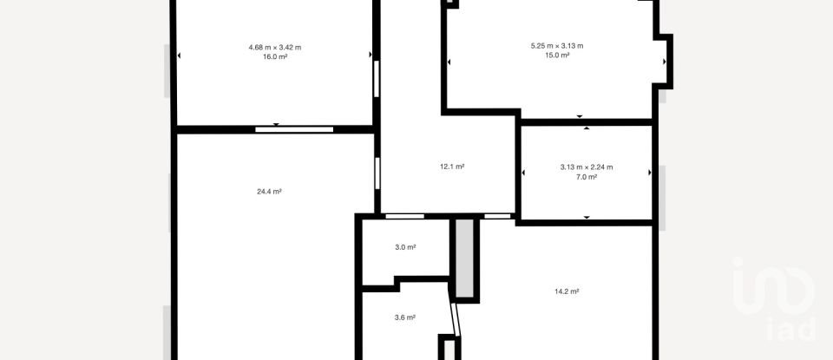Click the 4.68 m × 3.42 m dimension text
pyautogui.click(x=274, y=47)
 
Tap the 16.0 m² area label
pyautogui.click(x=274, y=56)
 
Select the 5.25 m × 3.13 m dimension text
pyautogui.click(x=556, y=45)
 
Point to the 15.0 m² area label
pyautogui.click(x=556, y=55)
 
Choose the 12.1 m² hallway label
pyautogui.click(x=452, y=167)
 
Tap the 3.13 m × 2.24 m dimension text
pyautogui.click(x=587, y=167)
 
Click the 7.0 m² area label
pyautogui.click(x=587, y=177)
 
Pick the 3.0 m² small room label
pyautogui.click(x=405, y=247)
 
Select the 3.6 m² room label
pyautogui.click(x=405, y=317)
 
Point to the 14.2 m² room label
pyautogui.click(x=567, y=291)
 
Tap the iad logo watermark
pyautogui.click(x=774, y=299)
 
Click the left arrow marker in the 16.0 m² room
pyautogui.click(x=180, y=56)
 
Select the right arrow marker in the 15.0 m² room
pyautogui.click(x=665, y=62)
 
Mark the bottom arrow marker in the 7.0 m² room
pyautogui.click(x=587, y=217)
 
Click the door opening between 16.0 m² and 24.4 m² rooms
pyautogui.click(x=294, y=129)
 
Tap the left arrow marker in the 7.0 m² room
pyautogui.click(x=523, y=173)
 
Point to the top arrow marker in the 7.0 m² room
pyautogui.click(x=587, y=128)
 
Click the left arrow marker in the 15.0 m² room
pyautogui.click(x=449, y=62)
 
